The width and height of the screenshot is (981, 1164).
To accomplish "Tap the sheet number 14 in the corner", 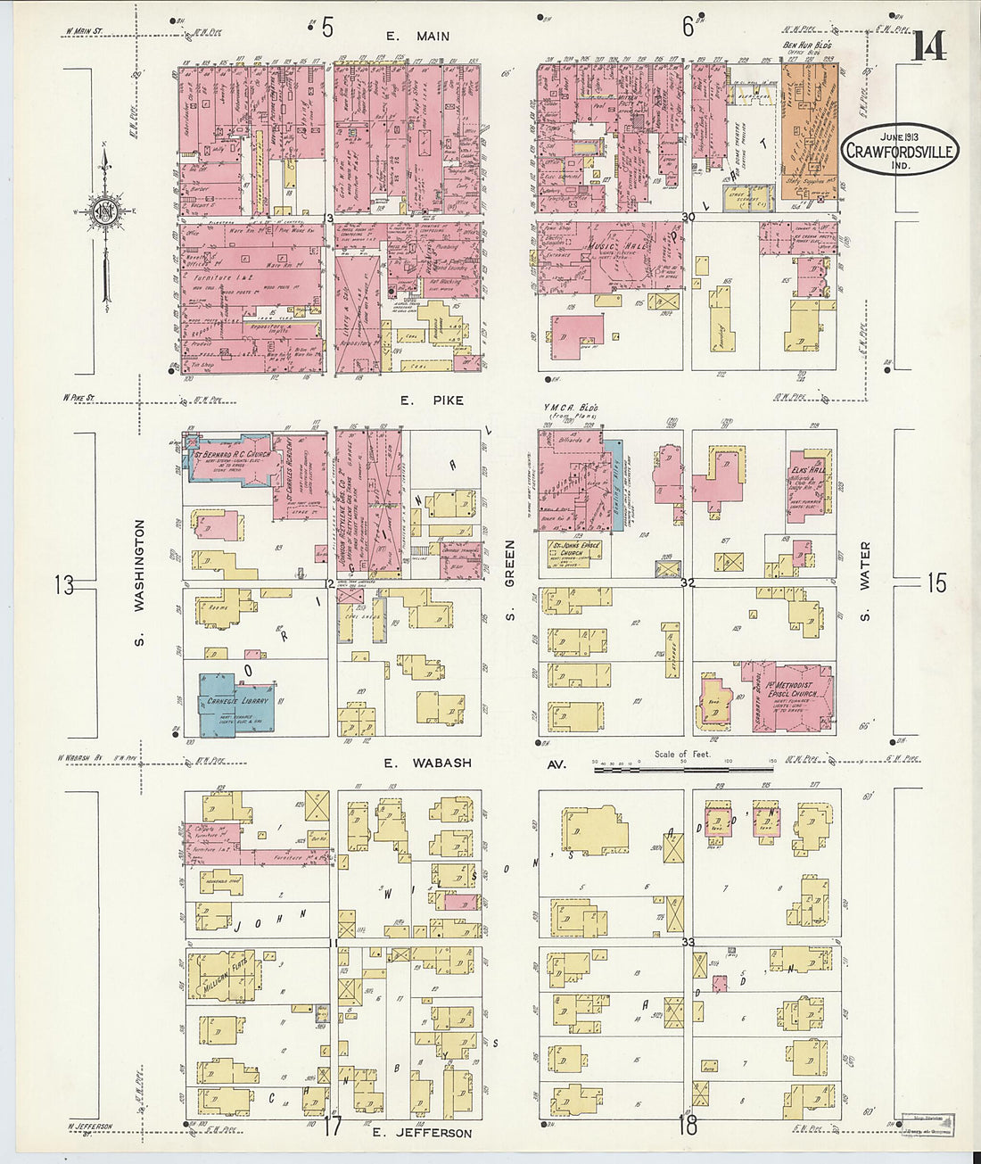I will coord(927,45).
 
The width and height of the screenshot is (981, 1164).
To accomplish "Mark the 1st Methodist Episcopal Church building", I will coord(792,696).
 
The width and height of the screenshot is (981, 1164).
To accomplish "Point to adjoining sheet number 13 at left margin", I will coord(63,585).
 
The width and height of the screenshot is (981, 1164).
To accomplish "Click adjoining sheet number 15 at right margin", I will coord(935,583).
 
